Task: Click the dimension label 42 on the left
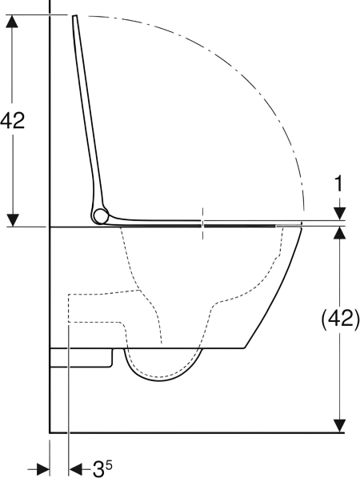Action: point(12,120)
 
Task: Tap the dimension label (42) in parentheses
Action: point(341,319)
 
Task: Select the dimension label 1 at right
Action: point(338,183)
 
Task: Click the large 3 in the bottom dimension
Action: point(98,469)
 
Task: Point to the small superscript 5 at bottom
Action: point(109,465)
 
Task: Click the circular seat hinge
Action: point(101,216)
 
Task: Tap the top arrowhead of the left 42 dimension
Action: point(12,22)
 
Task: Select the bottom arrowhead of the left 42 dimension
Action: point(13,220)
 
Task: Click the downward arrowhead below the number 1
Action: point(339,214)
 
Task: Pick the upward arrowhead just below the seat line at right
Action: point(339,233)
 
